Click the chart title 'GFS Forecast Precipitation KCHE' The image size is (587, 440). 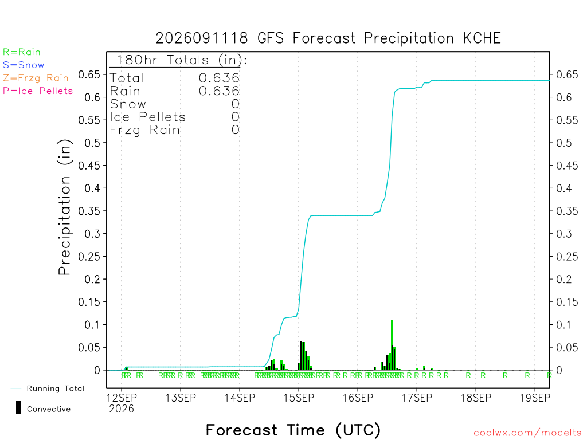tap(379, 38)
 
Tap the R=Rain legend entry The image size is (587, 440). tap(22, 52)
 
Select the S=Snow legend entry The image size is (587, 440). tap(24, 65)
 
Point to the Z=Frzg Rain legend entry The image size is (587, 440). tap(36, 78)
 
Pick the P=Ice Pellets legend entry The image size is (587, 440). tap(38, 91)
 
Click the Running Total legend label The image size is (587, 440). tap(56, 388)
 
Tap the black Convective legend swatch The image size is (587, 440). tap(18, 408)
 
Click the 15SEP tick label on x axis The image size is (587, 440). tap(299, 398)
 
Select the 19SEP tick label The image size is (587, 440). tap(535, 398)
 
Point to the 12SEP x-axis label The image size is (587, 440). tap(122, 398)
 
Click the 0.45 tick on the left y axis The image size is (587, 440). tap(89, 166)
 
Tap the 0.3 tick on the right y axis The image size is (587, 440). tap(564, 234)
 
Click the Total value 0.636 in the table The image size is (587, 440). tap(219, 78)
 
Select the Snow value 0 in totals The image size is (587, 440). tap(236, 104)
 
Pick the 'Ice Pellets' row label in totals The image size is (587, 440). tap(147, 117)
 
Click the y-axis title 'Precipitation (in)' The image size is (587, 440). tap(64, 207)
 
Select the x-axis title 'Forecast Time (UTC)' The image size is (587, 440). tap(293, 430)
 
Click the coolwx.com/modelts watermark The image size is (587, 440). tap(527, 433)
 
